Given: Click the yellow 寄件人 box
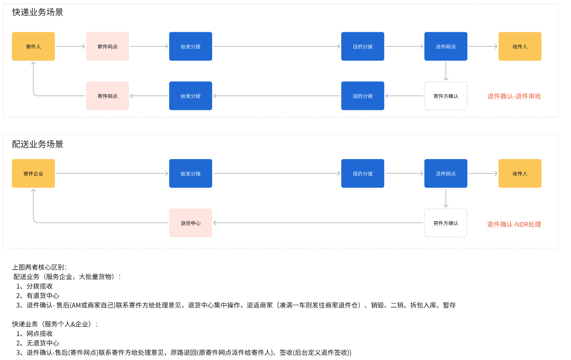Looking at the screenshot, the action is coord(33,46).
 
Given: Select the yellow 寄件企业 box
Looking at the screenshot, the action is coord(33,173).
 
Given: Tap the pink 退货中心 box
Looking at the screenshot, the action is coord(190,223).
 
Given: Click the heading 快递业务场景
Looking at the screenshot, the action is coord(38,13).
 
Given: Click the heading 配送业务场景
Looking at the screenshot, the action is coord(38,145).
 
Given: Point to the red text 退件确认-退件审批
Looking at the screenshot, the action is coord(514,96).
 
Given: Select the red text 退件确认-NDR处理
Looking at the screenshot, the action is coord(514,224).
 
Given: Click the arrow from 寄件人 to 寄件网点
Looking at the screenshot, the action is coord(70,46).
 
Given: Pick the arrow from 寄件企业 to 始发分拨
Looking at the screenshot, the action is coord(112,173).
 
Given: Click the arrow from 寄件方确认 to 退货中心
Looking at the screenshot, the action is coord(318,223).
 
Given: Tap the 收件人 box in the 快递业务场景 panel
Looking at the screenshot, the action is coord(520,46).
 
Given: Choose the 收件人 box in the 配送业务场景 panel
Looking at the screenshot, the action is coord(520,173).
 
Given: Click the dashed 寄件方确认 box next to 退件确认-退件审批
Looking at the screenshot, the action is coord(446,96).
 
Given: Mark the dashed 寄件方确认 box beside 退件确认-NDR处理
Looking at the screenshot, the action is coord(446,223).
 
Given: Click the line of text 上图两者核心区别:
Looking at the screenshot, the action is coord(40,267).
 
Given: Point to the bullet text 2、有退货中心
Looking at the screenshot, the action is coord(38,296).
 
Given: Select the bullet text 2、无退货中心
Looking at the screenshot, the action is coord(38,343).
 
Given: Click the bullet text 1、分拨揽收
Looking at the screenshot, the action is coord(35,286).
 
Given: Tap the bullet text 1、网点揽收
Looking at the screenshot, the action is coord(35,334).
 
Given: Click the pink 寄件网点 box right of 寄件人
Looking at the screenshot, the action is coord(107,46).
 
